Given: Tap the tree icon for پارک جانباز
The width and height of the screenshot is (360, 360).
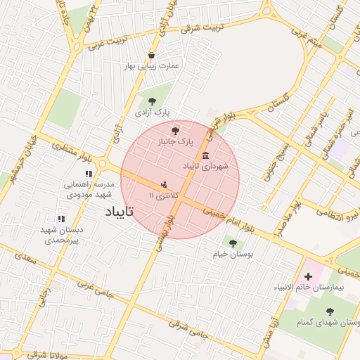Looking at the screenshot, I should (175, 130).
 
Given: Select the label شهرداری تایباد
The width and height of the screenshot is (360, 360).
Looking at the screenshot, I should (207, 167).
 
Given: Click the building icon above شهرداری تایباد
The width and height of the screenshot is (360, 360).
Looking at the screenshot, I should (205, 155).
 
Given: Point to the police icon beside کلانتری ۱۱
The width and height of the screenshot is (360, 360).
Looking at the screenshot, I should (165, 184).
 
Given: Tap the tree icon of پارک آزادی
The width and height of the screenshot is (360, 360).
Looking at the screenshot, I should (152, 101).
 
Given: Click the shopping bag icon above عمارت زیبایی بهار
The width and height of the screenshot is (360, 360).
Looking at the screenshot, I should (152, 56).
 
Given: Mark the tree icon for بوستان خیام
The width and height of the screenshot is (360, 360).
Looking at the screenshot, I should (233, 243).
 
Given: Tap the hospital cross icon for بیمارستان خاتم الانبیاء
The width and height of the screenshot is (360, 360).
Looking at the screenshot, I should (308, 276).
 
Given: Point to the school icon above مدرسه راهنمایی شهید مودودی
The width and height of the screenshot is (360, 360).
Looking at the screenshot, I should (89, 174).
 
